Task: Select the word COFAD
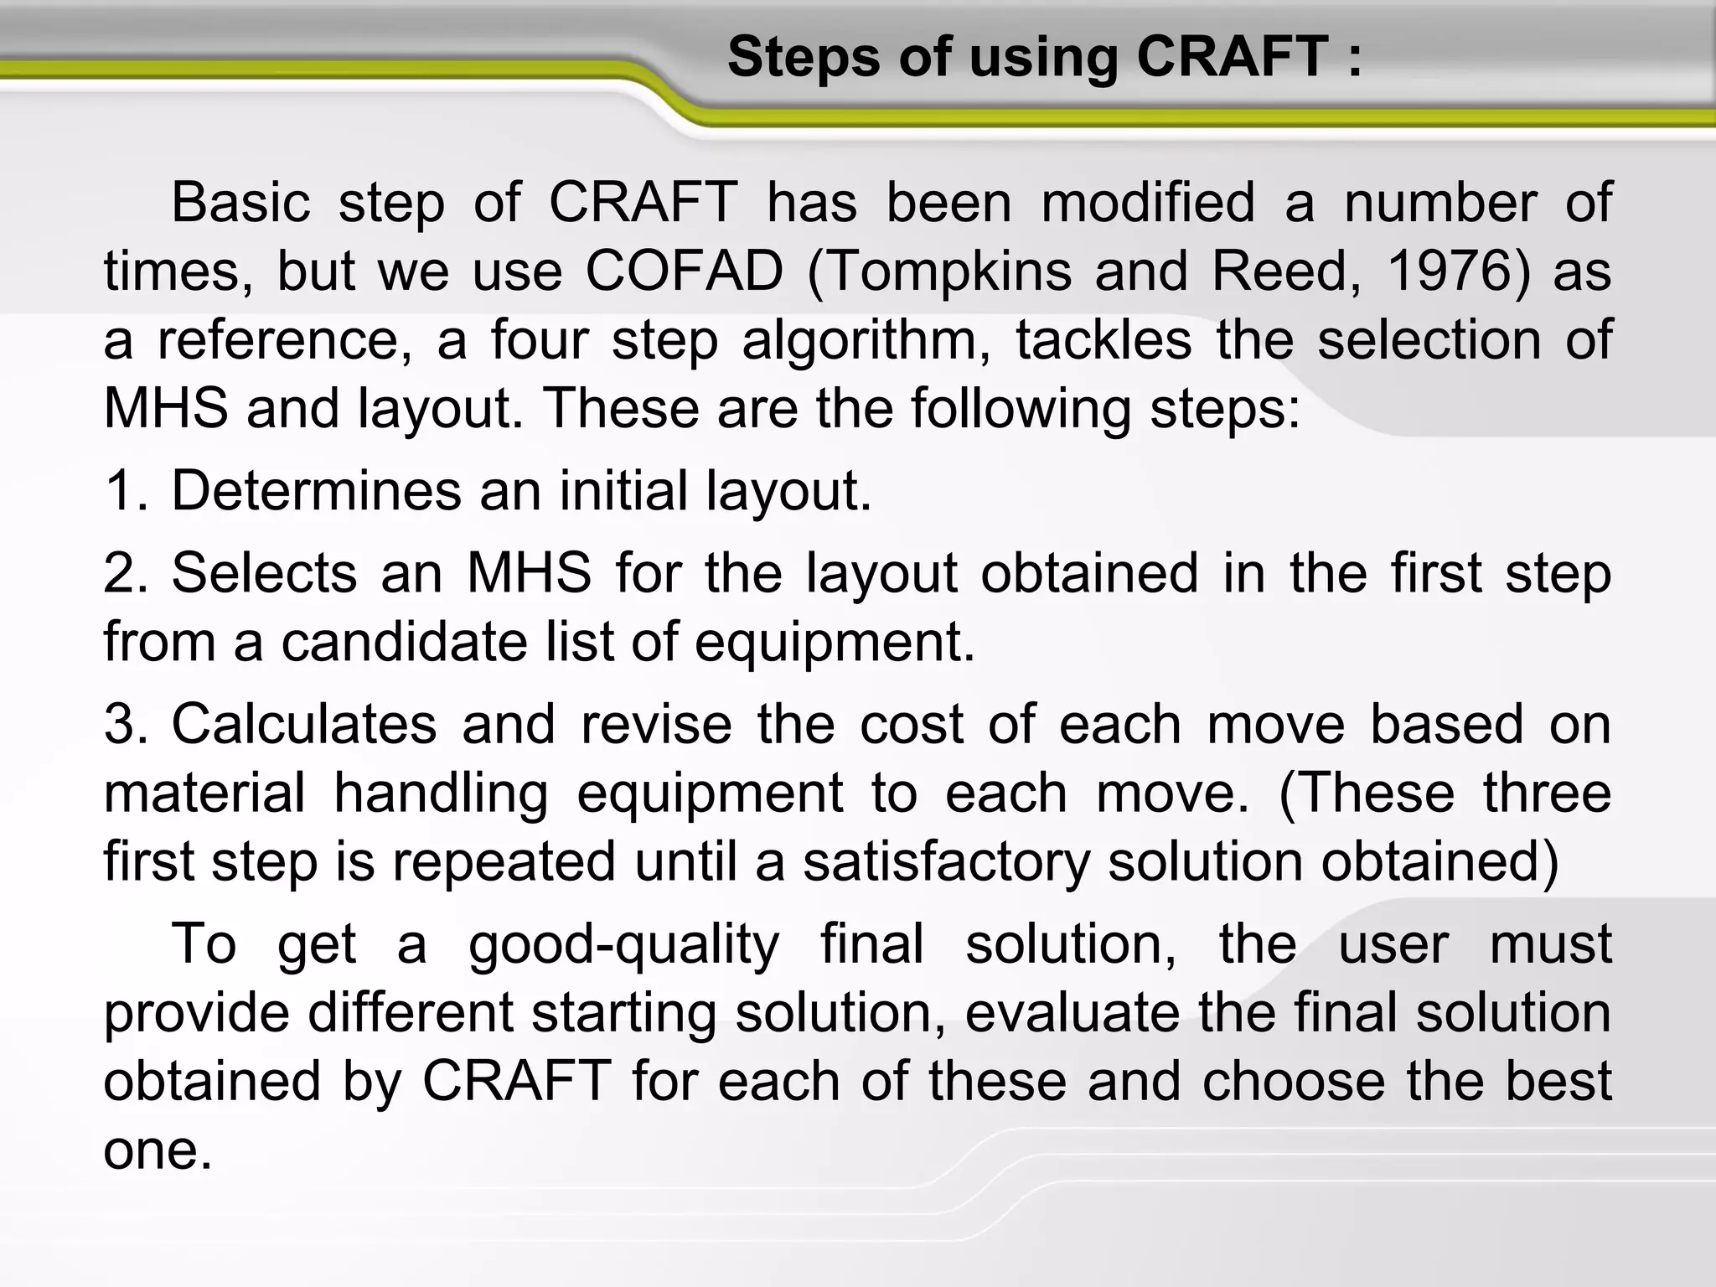point(684,271)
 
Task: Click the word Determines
point(316,490)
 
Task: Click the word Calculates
point(304,723)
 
